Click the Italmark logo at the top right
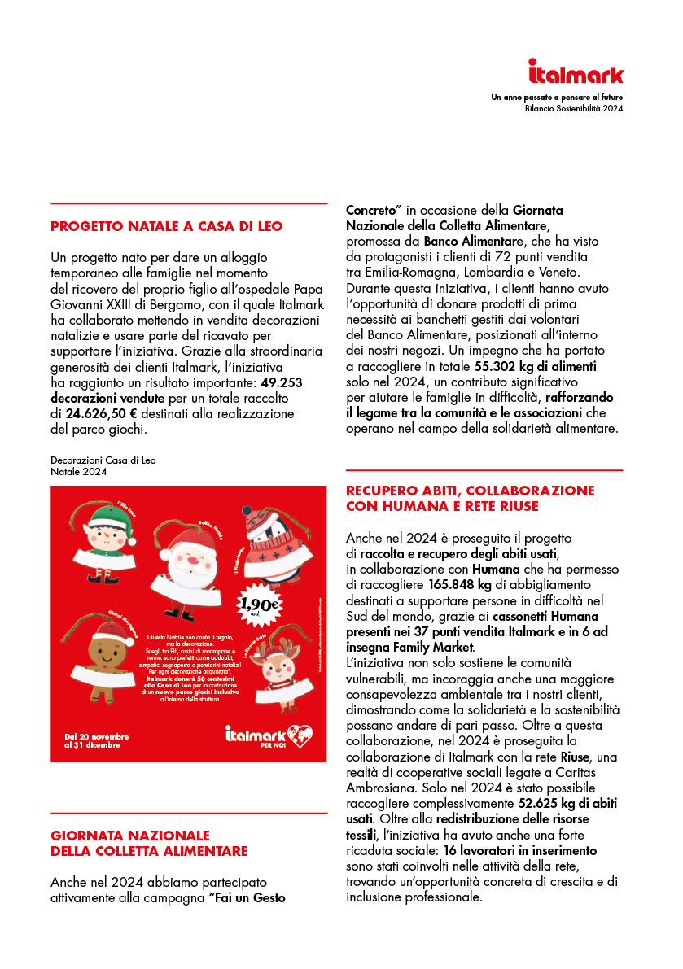pyautogui.click(x=576, y=72)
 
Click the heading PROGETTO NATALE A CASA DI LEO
pyautogui.click(x=166, y=227)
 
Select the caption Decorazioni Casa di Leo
pyautogui.click(x=103, y=460)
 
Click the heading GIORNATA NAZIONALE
pyautogui.click(x=129, y=836)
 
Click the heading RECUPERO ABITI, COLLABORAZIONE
pyautogui.click(x=470, y=491)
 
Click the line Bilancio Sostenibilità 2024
pyautogui.click(x=574, y=107)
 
